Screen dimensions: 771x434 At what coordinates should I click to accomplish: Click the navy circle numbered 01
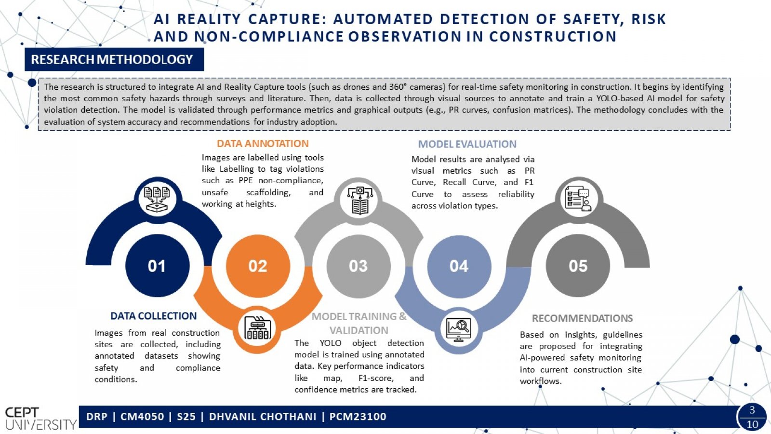coord(157,266)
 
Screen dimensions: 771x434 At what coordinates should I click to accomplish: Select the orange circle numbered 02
coord(258,266)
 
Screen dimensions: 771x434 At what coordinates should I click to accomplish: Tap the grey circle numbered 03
coord(359,266)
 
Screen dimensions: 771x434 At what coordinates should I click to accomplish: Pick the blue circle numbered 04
coord(459,266)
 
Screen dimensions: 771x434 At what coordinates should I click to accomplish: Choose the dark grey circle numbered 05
coord(578,266)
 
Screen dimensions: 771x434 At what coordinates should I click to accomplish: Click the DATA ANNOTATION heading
coord(263,143)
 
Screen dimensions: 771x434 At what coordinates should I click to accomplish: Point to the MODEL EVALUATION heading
coord(467,144)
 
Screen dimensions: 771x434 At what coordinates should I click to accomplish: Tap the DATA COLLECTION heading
coord(154,316)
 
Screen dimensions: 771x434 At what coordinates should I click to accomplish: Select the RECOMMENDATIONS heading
coord(583,318)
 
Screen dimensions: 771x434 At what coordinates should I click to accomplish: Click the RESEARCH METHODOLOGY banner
coord(114,59)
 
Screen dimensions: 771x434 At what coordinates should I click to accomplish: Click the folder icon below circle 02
coord(257,327)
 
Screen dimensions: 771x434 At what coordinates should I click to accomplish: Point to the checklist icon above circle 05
coord(579,199)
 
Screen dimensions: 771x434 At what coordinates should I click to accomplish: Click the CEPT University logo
coord(40,418)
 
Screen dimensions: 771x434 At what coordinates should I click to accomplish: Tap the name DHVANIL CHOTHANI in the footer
coord(263,417)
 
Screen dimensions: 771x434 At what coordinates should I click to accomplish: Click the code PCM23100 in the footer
coord(358,417)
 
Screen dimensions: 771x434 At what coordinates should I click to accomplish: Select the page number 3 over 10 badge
coord(752,417)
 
